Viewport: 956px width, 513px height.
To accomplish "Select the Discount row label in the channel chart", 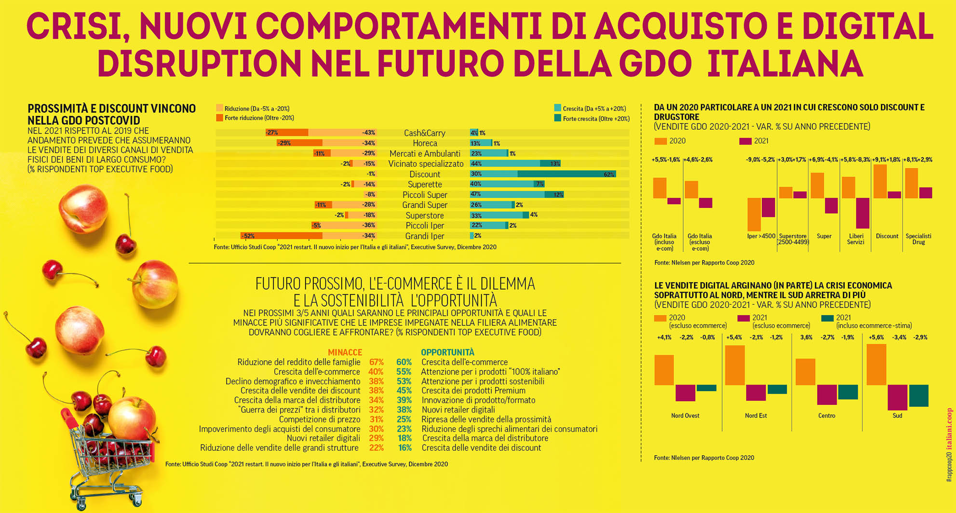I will pos(424,174).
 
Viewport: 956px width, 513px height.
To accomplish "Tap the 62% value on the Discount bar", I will pos(608,174).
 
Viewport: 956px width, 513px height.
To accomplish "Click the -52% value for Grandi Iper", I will pos(248,236).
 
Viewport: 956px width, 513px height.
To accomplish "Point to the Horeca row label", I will pos(425,143).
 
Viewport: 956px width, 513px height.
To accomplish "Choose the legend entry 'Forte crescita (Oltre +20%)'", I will pos(596,119).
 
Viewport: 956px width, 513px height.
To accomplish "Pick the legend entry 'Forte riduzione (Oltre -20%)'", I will pos(259,118).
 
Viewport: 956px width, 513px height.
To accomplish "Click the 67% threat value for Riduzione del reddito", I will pos(376,362).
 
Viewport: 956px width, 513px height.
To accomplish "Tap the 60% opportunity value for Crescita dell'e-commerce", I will pos(404,362).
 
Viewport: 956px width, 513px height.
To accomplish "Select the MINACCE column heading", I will pos(345,352).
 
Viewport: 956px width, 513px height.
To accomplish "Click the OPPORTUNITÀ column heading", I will pos(447,352).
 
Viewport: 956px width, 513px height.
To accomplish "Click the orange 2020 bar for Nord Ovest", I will pos(664,370).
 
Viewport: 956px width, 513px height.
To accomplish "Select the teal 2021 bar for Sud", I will pos(918,395).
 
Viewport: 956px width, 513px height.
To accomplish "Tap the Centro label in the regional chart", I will pos(826,416).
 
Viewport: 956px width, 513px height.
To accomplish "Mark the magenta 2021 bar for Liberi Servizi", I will pos(862,213).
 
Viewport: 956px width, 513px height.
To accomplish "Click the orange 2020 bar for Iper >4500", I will pos(754,214).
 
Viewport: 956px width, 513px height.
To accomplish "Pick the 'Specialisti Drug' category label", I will pos(918,239).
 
